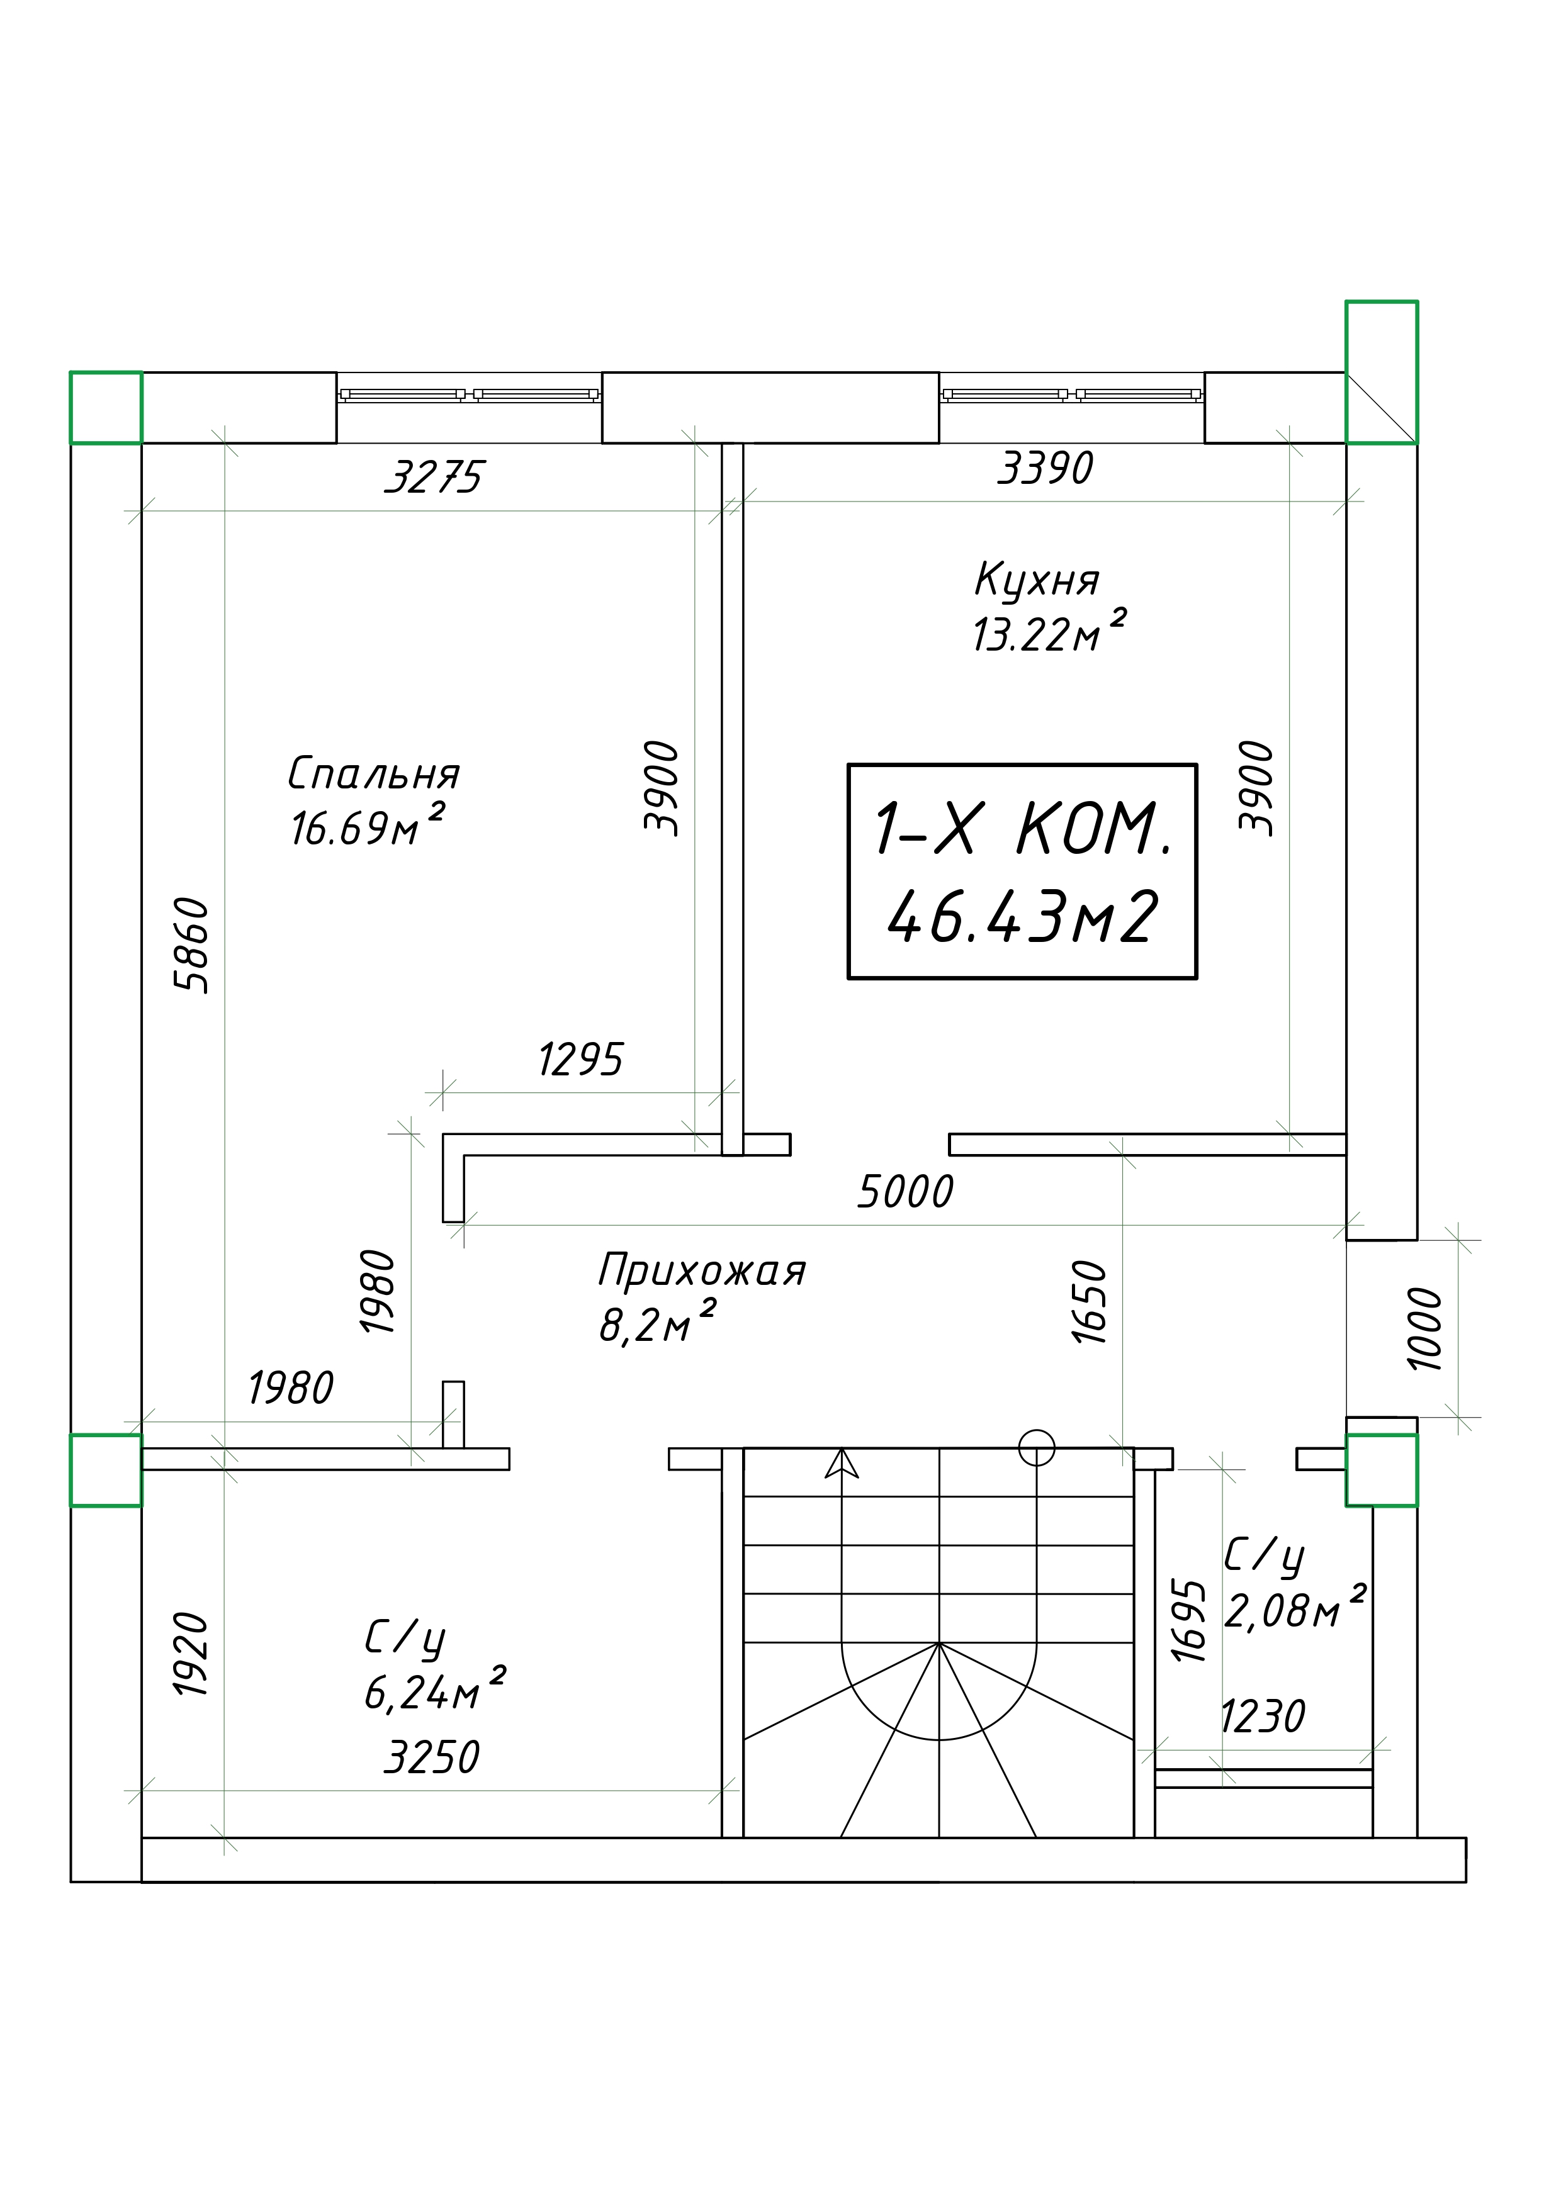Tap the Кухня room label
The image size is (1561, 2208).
(1037, 581)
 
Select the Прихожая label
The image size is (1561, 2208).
(701, 1271)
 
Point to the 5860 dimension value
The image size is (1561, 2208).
(191, 944)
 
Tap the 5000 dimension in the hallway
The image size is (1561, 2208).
(905, 1192)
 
